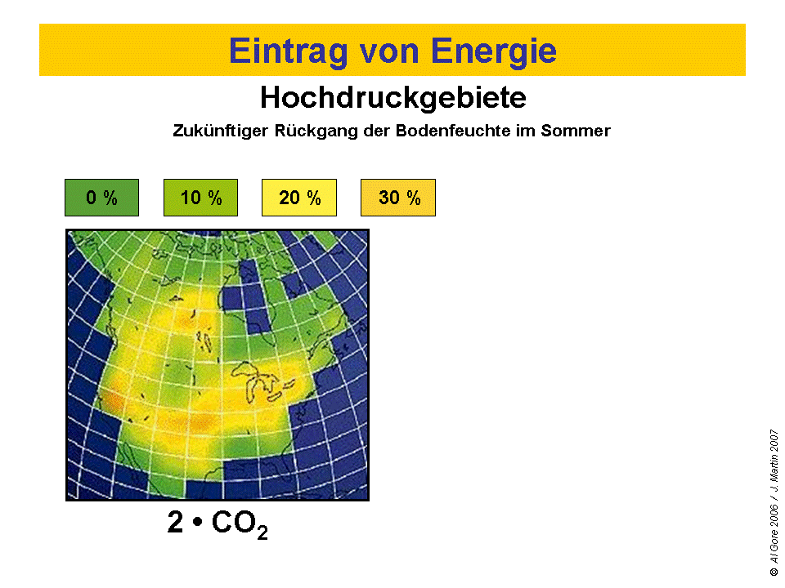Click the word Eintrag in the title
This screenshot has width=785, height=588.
pyautogui.click(x=289, y=51)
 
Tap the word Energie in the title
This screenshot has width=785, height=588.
pyautogui.click(x=494, y=51)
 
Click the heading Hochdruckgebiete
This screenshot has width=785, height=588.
pyautogui.click(x=393, y=97)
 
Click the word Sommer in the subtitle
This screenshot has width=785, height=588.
pyautogui.click(x=576, y=131)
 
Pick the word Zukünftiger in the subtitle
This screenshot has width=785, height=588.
pyautogui.click(x=220, y=131)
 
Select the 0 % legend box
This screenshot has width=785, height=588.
pyautogui.click(x=101, y=198)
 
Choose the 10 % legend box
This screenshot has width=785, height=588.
pyautogui.click(x=201, y=198)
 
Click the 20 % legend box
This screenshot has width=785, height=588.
pyautogui.click(x=299, y=198)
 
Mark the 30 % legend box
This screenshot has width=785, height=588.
pyautogui.click(x=398, y=198)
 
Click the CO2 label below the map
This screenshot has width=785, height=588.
pyautogui.click(x=240, y=524)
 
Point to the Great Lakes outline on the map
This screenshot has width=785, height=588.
pyautogui.click(x=262, y=382)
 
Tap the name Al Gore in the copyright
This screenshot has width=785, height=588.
pyautogui.click(x=774, y=546)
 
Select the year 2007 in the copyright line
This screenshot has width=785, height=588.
pyautogui.click(x=774, y=440)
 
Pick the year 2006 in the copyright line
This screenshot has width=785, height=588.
pyautogui.click(x=774, y=516)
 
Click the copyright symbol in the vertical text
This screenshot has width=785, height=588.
pyautogui.click(x=774, y=571)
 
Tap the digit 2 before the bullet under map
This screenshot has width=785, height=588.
pyautogui.click(x=175, y=522)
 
